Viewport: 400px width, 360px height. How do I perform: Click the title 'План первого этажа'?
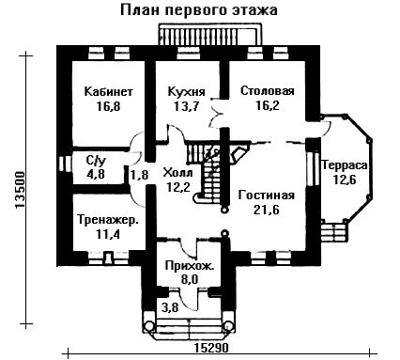tap(199, 10)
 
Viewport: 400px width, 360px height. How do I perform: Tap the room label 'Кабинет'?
tap(109, 92)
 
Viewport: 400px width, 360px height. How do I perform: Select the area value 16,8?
tap(108, 107)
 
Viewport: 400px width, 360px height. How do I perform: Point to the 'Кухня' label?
tap(187, 92)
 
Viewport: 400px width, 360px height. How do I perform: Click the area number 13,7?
tap(187, 106)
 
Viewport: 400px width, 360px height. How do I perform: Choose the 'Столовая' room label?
tap(268, 91)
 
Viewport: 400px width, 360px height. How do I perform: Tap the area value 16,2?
tap(268, 106)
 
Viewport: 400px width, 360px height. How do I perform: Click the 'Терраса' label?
tap(345, 165)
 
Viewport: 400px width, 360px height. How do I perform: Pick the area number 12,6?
tap(345, 180)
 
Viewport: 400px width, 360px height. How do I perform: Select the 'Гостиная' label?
tap(267, 196)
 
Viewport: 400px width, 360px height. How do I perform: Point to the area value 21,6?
tap(267, 211)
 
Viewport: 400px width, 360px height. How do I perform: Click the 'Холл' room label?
tap(178, 173)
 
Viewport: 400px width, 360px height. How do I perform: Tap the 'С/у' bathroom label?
tap(96, 161)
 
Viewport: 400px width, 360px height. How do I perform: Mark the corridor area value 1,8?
tap(140, 175)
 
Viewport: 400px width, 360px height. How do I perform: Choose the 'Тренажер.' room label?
tap(108, 220)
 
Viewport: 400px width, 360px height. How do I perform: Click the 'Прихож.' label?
tap(190, 266)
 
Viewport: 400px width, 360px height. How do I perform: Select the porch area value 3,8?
tap(170, 308)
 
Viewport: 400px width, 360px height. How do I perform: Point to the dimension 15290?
tap(212, 348)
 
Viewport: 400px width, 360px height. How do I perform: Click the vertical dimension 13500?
tap(20, 190)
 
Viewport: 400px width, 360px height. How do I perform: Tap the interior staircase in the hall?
tap(207, 171)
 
